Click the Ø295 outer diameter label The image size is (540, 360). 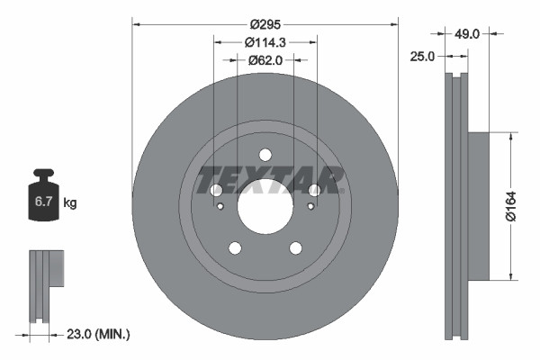pos(265,23)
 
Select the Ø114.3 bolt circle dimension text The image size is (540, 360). pos(265,42)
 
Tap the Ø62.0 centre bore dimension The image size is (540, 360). pos(265,60)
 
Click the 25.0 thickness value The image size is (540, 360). pos(423,56)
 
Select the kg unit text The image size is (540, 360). pos(70,203)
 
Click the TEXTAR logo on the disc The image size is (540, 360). pos(271,179)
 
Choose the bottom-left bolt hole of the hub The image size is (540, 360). pos(235,248)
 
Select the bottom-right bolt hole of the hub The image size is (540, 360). pos(296,248)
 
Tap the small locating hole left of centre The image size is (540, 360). pos(221,206)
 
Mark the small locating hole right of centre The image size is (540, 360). pos(310,206)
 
